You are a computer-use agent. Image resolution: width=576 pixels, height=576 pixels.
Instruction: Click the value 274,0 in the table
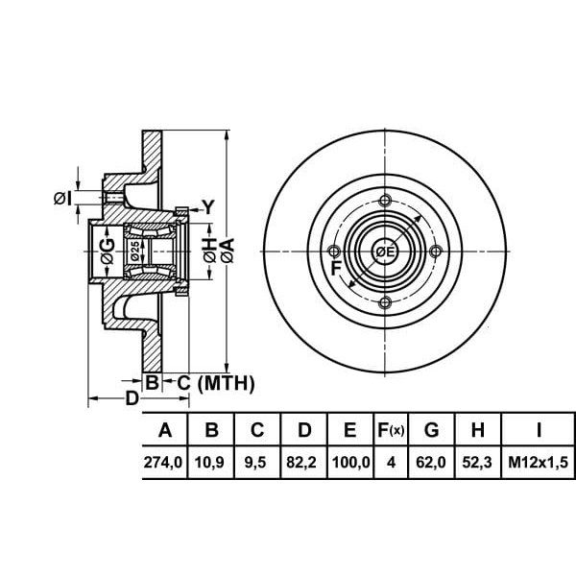point(163,462)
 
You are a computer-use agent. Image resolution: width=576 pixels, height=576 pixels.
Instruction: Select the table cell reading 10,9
point(209,462)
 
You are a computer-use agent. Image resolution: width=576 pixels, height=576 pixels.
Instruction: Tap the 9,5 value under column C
point(255,462)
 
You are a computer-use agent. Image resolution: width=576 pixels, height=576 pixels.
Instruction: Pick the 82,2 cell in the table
point(301,462)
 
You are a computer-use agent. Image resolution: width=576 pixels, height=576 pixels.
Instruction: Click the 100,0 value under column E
point(350,462)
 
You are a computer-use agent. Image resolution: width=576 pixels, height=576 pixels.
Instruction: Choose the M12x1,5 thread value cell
point(539,462)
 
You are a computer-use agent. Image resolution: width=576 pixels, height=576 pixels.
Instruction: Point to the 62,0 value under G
point(431,462)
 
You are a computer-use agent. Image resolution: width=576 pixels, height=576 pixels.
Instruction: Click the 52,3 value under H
point(477,462)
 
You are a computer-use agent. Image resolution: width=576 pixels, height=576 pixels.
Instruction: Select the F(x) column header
point(391,430)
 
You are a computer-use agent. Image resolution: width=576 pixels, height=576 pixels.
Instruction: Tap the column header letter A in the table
point(165,430)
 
